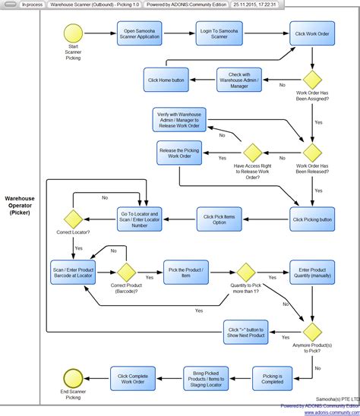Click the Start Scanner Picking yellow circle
pyautogui.click(x=73, y=35)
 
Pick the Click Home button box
pyautogui.click(x=166, y=80)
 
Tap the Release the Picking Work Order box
pyautogui.click(x=179, y=154)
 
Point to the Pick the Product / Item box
pyautogui.click(x=185, y=272)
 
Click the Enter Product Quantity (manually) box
pyautogui.click(x=312, y=272)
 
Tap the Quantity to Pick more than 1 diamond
pyautogui.click(x=245, y=272)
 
